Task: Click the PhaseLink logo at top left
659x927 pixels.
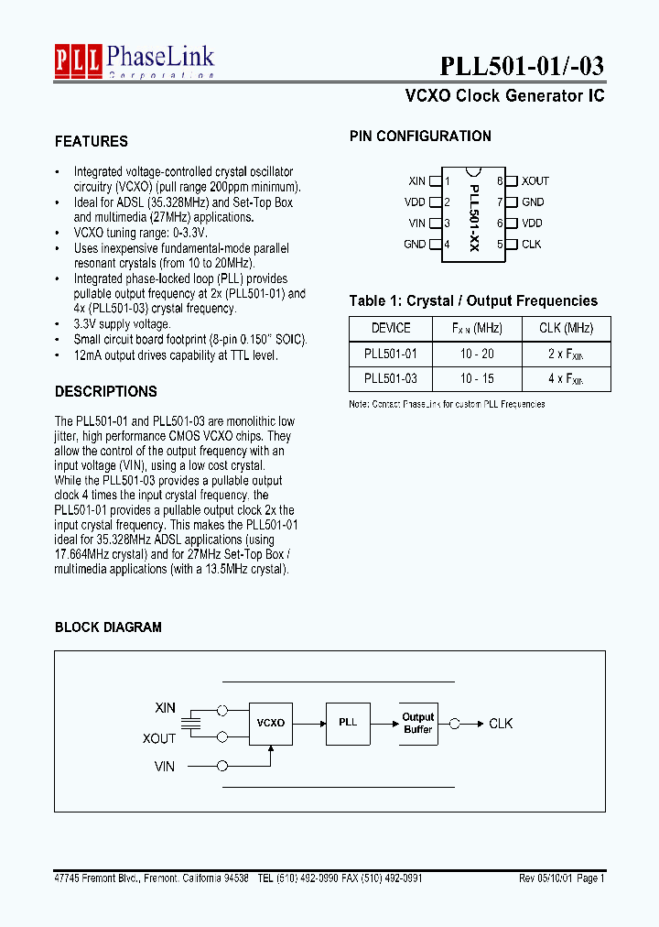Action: pyautogui.click(x=135, y=60)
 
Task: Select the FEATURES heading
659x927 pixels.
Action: pyautogui.click(x=92, y=141)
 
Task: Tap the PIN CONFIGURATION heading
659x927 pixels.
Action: pyautogui.click(x=420, y=136)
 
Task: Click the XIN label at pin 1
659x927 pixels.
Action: pyautogui.click(x=416, y=181)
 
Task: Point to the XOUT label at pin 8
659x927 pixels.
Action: pyautogui.click(x=535, y=181)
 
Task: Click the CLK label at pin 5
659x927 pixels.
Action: pyautogui.click(x=532, y=244)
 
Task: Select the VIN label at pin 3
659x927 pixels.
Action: pyautogui.click(x=416, y=223)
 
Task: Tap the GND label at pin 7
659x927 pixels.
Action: pyautogui.click(x=533, y=202)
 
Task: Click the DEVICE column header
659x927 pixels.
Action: pyautogui.click(x=391, y=328)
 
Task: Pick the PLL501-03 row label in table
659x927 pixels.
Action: pyautogui.click(x=391, y=377)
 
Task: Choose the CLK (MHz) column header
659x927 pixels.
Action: pyautogui.click(x=565, y=328)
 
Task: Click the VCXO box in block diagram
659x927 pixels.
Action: pyautogui.click(x=271, y=723)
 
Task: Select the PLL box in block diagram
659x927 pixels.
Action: pyautogui.click(x=348, y=722)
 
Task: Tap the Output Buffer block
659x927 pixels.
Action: pyautogui.click(x=418, y=723)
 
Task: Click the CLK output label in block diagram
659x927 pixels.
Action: pyautogui.click(x=501, y=723)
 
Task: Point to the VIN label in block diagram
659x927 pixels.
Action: pyautogui.click(x=165, y=766)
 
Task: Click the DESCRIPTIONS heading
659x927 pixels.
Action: pyautogui.click(x=106, y=391)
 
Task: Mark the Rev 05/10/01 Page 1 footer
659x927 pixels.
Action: pyautogui.click(x=561, y=878)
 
